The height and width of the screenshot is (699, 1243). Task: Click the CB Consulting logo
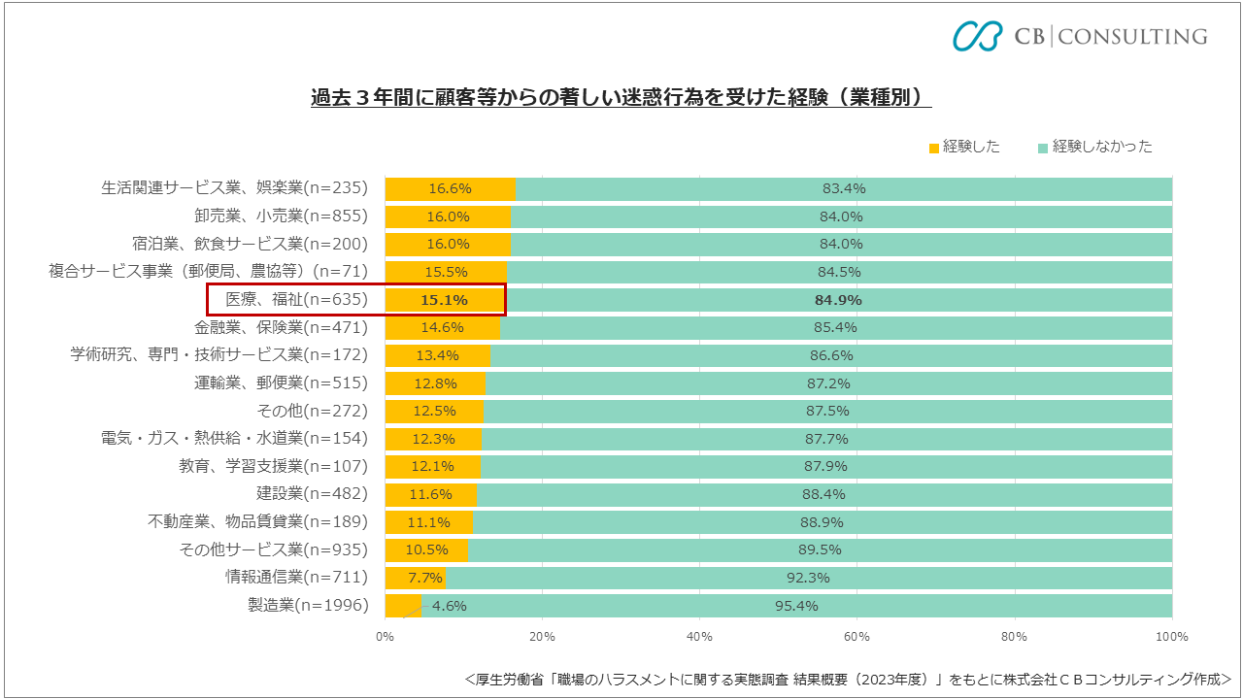[x=1079, y=36]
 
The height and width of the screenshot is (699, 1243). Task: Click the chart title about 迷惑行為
[x=621, y=98]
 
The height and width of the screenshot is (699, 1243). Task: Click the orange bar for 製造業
[x=401, y=606]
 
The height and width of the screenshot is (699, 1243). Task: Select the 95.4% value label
[x=797, y=606]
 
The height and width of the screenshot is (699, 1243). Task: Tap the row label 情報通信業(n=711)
[x=297, y=578]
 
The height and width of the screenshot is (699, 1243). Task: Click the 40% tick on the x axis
[x=699, y=637]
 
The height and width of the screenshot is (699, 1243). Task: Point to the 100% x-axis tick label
[x=1171, y=637]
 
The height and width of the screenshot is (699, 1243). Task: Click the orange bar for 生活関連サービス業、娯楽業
[x=450, y=188]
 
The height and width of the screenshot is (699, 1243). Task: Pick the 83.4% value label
[x=844, y=188]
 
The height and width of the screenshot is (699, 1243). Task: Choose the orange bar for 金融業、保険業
[x=442, y=327]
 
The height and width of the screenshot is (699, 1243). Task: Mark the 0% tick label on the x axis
[x=385, y=637]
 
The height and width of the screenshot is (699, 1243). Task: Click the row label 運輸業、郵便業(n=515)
[x=282, y=383]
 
